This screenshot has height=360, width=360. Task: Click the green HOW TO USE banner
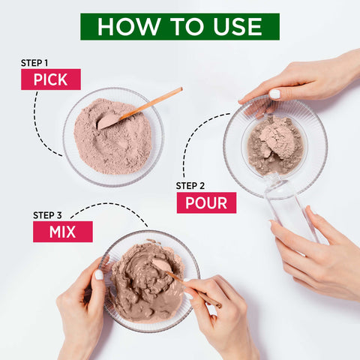click(179, 26)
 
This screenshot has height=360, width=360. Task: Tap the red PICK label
click(50, 79)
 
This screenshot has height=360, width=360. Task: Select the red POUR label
click(206, 202)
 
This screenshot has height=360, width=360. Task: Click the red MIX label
click(62, 232)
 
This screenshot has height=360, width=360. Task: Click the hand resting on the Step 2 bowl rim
click(300, 79)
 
